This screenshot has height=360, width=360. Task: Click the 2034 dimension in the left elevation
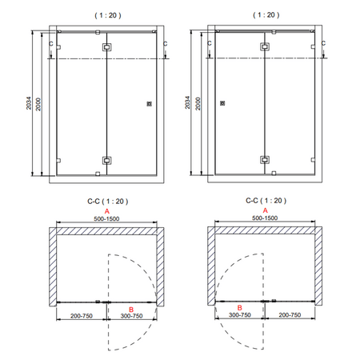click(x=29, y=103)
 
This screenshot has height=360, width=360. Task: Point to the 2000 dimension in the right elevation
click(x=198, y=104)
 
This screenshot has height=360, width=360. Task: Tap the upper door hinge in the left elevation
click(x=106, y=47)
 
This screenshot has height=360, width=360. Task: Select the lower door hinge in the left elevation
click(x=106, y=161)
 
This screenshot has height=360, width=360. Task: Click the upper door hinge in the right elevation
click(x=265, y=46)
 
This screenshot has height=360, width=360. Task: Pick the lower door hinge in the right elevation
click(x=265, y=160)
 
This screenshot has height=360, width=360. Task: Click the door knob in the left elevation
click(x=150, y=104)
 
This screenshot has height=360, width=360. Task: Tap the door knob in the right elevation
click(x=222, y=103)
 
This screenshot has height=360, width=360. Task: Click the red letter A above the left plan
click(x=107, y=211)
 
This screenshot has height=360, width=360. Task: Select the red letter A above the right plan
click(x=265, y=210)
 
